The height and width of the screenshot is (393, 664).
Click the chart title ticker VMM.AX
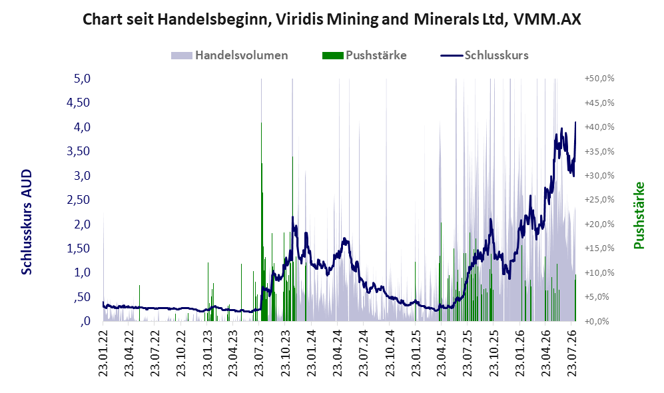click(x=547, y=19)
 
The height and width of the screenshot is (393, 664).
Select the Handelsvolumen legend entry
click(x=230, y=55)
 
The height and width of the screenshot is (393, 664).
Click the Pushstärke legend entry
click(x=364, y=55)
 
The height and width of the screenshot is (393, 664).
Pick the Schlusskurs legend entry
click(x=484, y=55)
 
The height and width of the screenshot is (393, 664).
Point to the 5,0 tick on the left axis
click(x=82, y=79)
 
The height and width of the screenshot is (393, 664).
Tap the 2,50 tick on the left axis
click(x=79, y=200)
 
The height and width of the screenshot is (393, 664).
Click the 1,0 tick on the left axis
click(x=82, y=272)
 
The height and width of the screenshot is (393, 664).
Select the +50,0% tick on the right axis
click(x=599, y=79)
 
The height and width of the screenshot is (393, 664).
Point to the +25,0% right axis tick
click(x=599, y=200)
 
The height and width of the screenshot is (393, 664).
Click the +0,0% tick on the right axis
click(x=597, y=321)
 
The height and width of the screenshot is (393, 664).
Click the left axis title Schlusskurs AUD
click(x=27, y=222)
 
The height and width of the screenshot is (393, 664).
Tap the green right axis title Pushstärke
click(x=639, y=215)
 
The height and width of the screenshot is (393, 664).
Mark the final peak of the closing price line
click(x=575, y=122)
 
